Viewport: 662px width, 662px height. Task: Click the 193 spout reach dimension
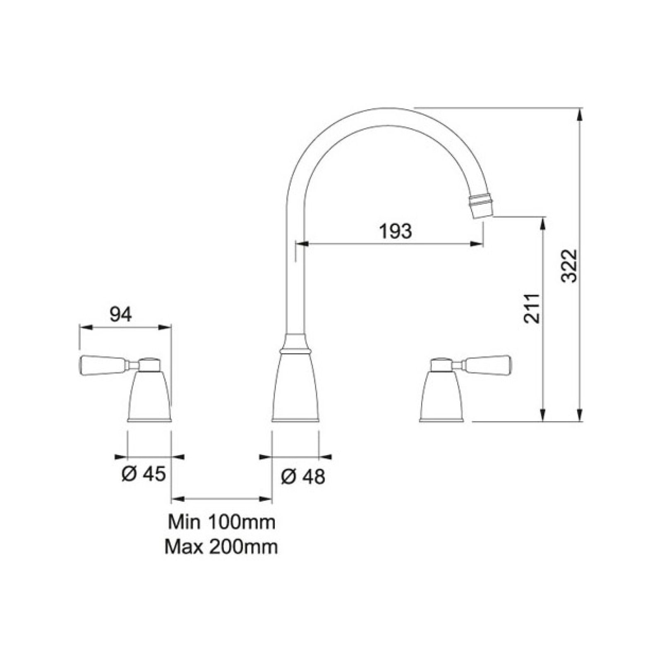click(x=396, y=231)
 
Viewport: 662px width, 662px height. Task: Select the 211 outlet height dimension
click(x=532, y=308)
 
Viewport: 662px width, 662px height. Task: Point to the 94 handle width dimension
click(x=120, y=315)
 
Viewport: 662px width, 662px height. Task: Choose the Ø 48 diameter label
click(x=303, y=476)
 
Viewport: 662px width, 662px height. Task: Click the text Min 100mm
click(x=221, y=522)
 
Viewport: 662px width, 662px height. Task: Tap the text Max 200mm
click(x=221, y=547)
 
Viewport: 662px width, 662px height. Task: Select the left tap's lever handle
click(x=103, y=364)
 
